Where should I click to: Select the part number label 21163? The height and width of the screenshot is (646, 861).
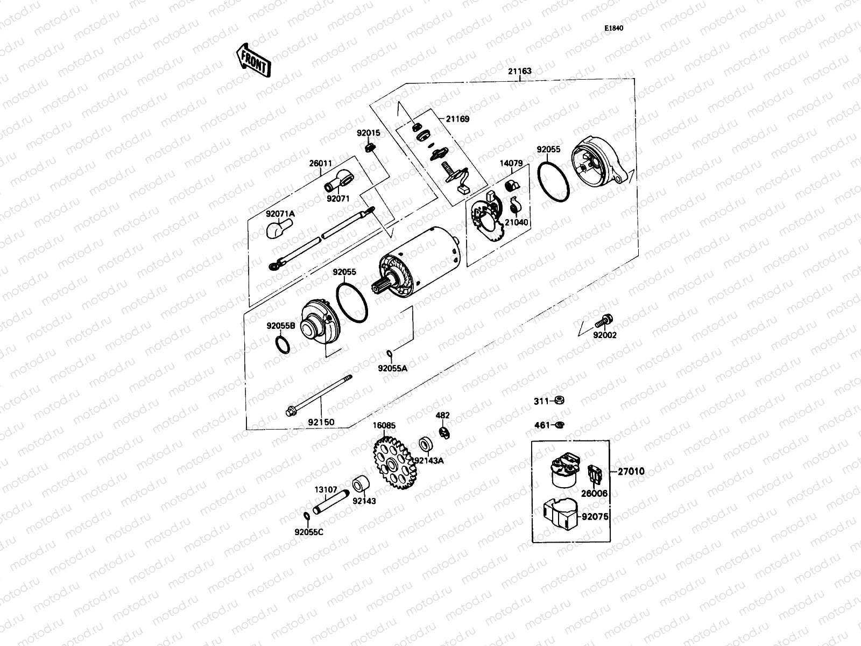(519, 71)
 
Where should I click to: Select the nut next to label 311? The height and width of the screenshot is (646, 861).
(559, 401)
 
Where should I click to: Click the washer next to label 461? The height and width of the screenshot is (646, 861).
(559, 425)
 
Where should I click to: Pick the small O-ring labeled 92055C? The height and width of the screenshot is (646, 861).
(306, 517)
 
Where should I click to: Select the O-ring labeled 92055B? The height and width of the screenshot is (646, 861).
(284, 344)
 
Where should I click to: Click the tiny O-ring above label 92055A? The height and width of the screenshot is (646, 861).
(389, 354)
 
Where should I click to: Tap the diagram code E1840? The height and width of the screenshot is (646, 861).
(613, 29)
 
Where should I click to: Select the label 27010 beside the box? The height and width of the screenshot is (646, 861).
(630, 472)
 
